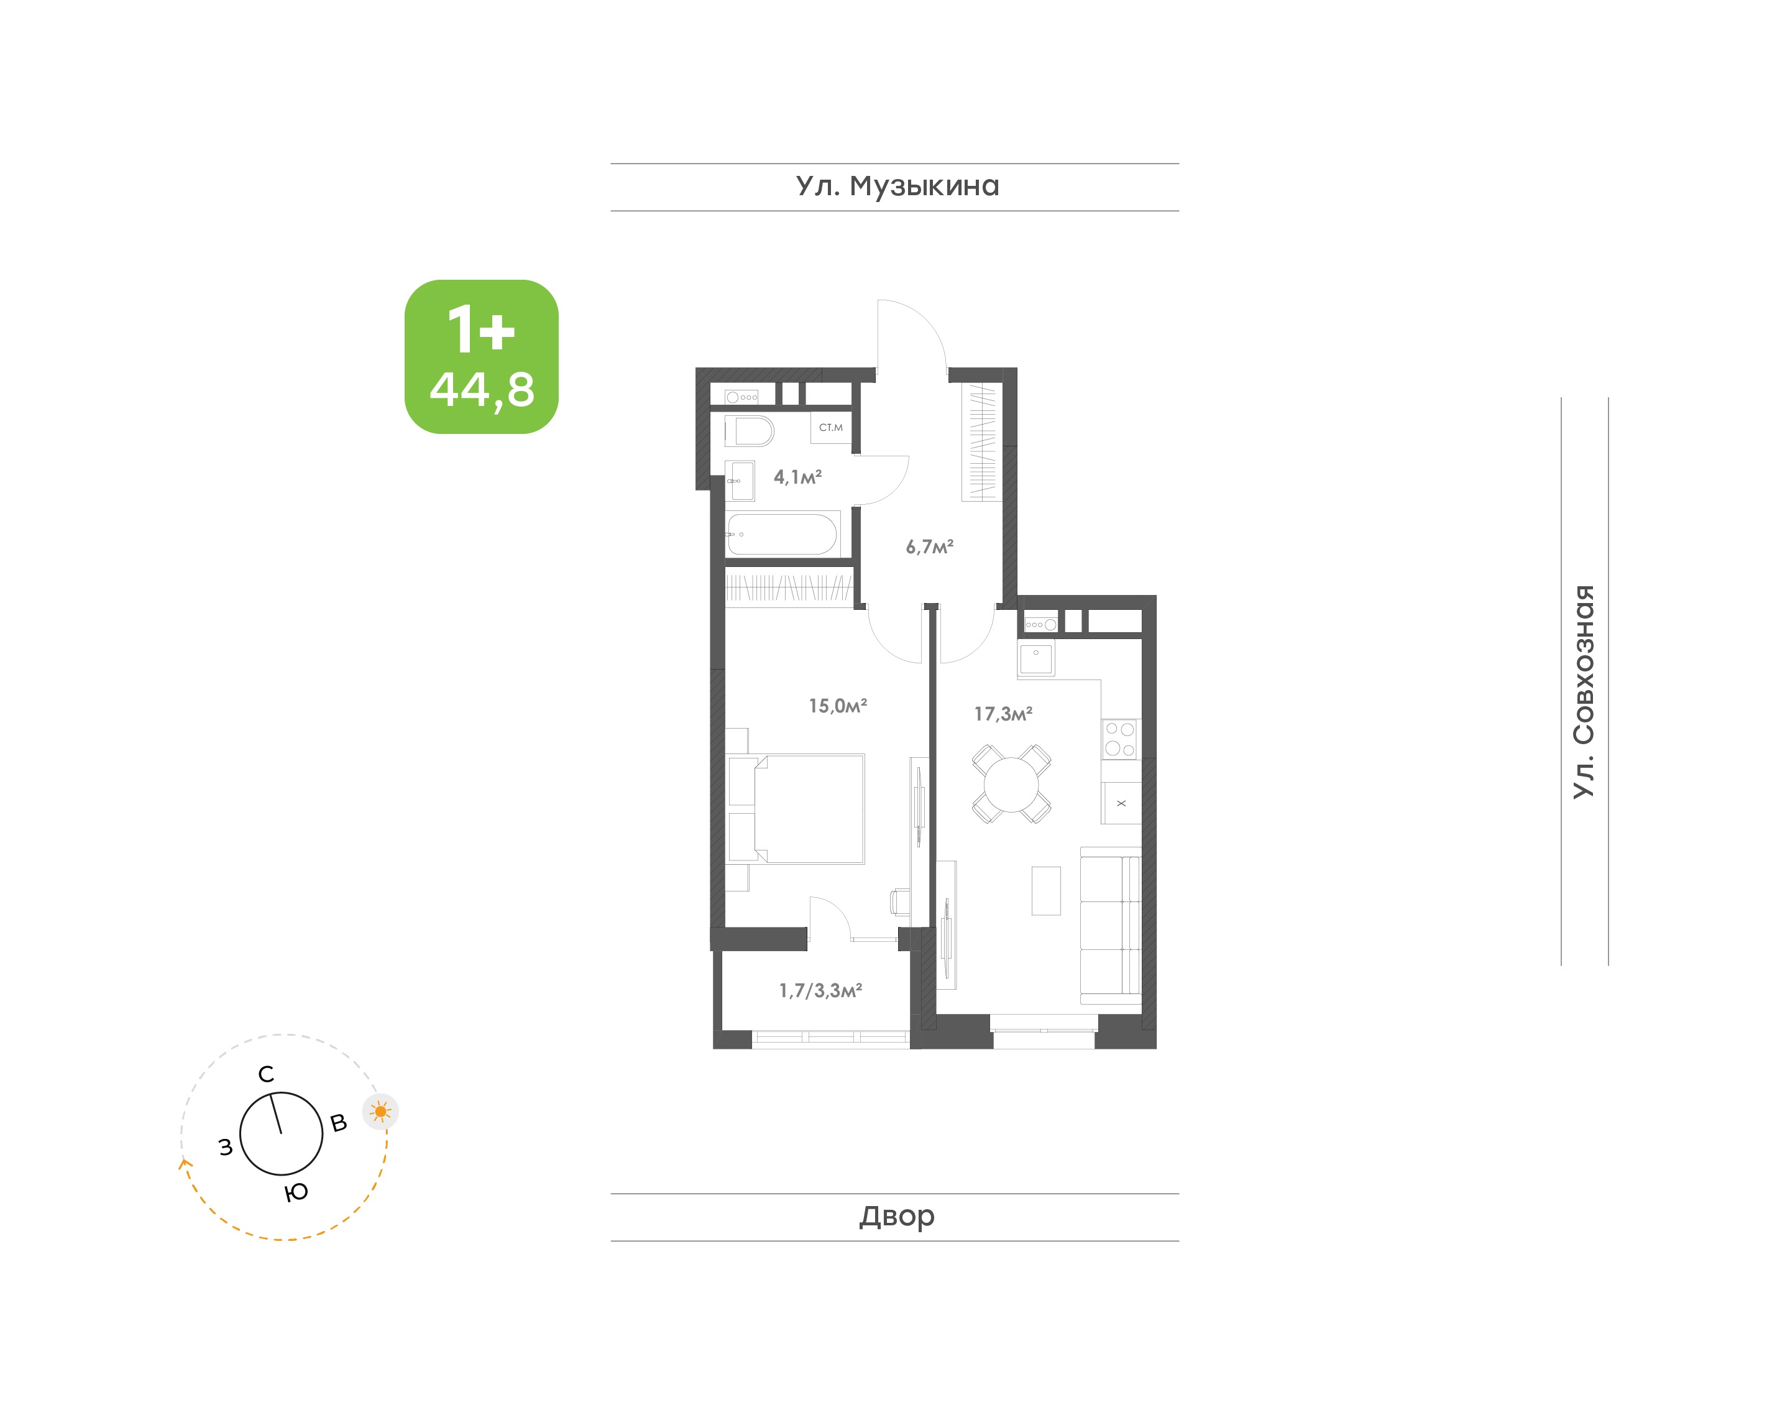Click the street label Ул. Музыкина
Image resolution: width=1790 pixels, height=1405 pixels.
pyautogui.click(x=897, y=187)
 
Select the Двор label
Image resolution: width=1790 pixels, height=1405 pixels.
pyautogui.click(x=897, y=1216)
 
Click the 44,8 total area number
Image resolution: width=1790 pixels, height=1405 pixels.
pyautogui.click(x=482, y=390)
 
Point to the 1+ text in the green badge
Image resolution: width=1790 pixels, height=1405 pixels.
pyautogui.click(x=481, y=329)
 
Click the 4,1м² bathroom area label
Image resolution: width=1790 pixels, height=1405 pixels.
pyautogui.click(x=797, y=477)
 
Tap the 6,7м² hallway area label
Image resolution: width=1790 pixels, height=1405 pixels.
pyautogui.click(x=929, y=547)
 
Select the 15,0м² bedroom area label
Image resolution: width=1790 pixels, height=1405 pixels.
pyautogui.click(x=838, y=706)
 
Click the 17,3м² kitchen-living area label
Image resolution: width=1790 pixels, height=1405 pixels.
pyautogui.click(x=1003, y=714)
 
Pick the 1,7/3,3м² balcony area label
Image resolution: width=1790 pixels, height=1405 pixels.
pyautogui.click(x=820, y=990)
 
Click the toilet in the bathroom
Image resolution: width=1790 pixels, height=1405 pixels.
pyautogui.click(x=749, y=431)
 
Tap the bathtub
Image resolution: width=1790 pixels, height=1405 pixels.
pyautogui.click(x=783, y=534)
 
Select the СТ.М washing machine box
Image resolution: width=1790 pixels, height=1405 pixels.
pyautogui.click(x=831, y=428)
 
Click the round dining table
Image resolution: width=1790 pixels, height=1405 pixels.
pyautogui.click(x=1011, y=784)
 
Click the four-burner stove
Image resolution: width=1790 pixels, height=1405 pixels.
pyautogui.click(x=1120, y=739)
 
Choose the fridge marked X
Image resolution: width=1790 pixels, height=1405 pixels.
pyautogui.click(x=1121, y=803)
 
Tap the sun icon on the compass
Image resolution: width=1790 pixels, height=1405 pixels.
pyautogui.click(x=381, y=1112)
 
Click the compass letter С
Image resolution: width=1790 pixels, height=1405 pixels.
pyautogui.click(x=265, y=1074)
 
